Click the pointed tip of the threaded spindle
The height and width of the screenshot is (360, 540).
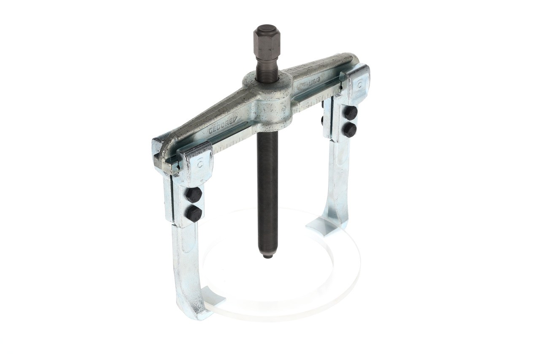point(267,255)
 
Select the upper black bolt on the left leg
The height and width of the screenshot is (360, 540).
point(194,195)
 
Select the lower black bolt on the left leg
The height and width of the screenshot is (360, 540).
point(194,214)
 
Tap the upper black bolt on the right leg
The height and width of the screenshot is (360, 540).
point(350,113)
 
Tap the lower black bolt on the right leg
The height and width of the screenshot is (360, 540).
point(349,130)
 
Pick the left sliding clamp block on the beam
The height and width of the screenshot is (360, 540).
point(195,162)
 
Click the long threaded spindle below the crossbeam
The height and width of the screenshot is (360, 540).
point(267,190)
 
